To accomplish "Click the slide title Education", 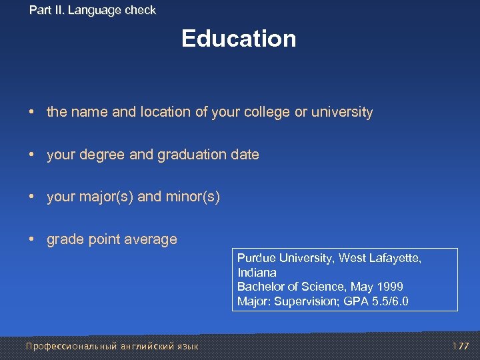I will click(x=239, y=39).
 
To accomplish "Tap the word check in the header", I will click(x=141, y=10).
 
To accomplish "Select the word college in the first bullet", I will click(x=267, y=112).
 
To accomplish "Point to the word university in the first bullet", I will click(x=342, y=112).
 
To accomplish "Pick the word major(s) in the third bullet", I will click(x=106, y=197).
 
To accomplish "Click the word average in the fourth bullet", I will click(x=154, y=239).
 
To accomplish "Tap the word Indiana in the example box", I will click(x=257, y=273).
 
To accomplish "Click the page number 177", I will click(x=461, y=346).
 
